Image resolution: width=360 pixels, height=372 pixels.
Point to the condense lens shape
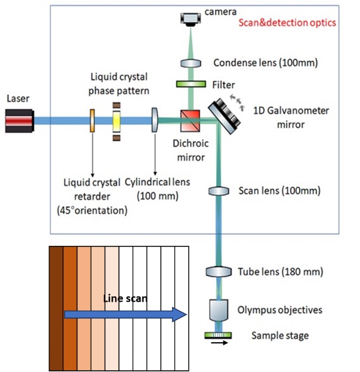coord(191,62)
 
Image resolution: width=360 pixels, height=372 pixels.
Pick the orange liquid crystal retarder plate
coord(93,121)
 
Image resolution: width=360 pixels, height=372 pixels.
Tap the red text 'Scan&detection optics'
coord(287,23)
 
